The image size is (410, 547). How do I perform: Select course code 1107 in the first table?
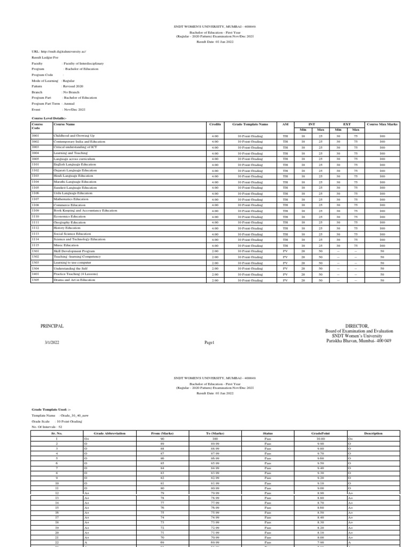pyautogui.click(x=35, y=200)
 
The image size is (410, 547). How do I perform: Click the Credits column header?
pyautogui.click(x=215, y=123)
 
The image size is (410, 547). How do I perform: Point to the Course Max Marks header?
pyautogui.click(x=382, y=123)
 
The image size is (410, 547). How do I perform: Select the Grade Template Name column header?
pyautogui.click(x=250, y=123)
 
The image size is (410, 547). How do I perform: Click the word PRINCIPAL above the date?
pyautogui.click(x=52, y=326)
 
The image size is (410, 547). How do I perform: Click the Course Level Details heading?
pyautogui.click(x=49, y=118)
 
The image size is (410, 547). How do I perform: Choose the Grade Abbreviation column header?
pyautogui.click(x=109, y=433)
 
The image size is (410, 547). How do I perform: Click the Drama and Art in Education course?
pyautogui.click(x=74, y=280)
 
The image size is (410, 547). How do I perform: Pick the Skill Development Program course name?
pyautogui.click(x=74, y=251)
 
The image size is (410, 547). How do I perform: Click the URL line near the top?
pyautogui.click(x=59, y=52)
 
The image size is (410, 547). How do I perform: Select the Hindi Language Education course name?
pyautogui.click(x=73, y=176)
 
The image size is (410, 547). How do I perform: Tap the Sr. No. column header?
pyautogui.click(x=56, y=433)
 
